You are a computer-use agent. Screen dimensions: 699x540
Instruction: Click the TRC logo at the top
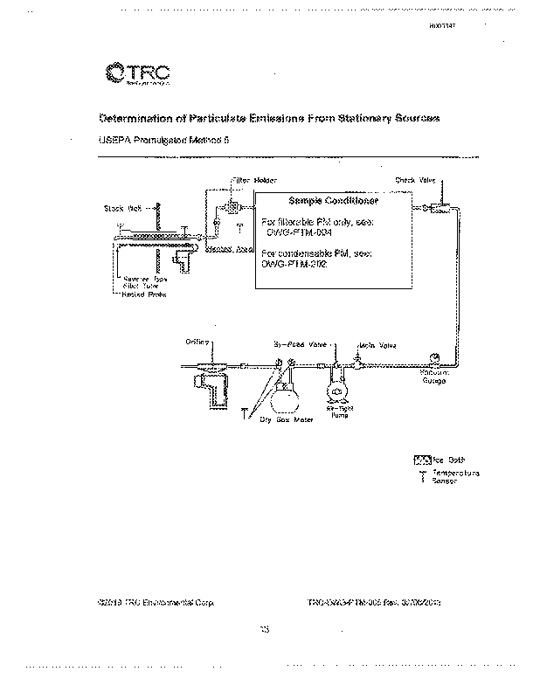pos(130,73)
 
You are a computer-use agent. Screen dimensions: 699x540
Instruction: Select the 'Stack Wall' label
pos(121,208)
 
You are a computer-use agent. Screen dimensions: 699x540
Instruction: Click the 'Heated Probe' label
pos(145,294)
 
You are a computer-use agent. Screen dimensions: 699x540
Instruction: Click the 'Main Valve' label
pos(377,346)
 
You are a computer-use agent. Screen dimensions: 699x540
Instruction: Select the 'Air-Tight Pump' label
pos(336,411)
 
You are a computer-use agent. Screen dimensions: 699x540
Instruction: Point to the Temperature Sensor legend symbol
pos(423,477)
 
